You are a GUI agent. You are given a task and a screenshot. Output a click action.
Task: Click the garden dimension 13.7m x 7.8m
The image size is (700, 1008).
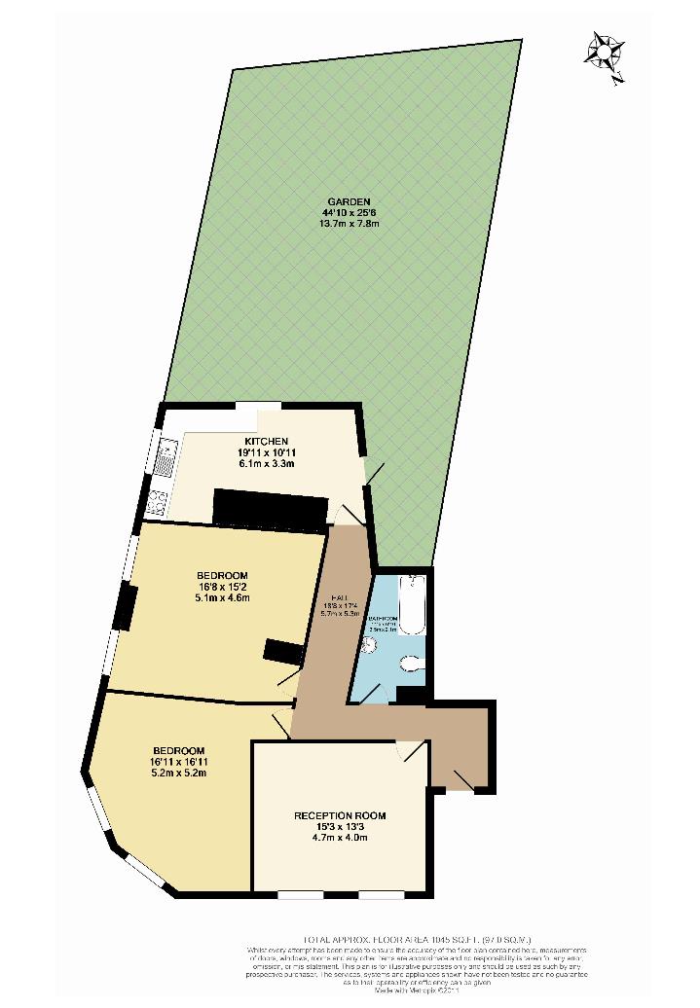(350, 224)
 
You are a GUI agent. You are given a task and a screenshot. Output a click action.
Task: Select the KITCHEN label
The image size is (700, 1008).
(266, 442)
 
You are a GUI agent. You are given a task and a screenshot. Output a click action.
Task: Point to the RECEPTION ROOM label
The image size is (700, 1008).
(340, 815)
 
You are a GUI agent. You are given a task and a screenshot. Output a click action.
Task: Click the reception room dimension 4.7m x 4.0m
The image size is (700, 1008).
(340, 837)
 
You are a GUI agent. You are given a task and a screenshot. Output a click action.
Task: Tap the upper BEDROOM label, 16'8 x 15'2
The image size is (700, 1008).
(223, 575)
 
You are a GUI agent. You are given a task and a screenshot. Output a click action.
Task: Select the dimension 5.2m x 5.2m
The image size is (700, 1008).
(177, 773)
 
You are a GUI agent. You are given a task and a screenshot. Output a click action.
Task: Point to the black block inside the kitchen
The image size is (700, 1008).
(270, 508)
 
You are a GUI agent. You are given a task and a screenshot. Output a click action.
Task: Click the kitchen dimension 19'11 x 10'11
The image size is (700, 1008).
(266, 452)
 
